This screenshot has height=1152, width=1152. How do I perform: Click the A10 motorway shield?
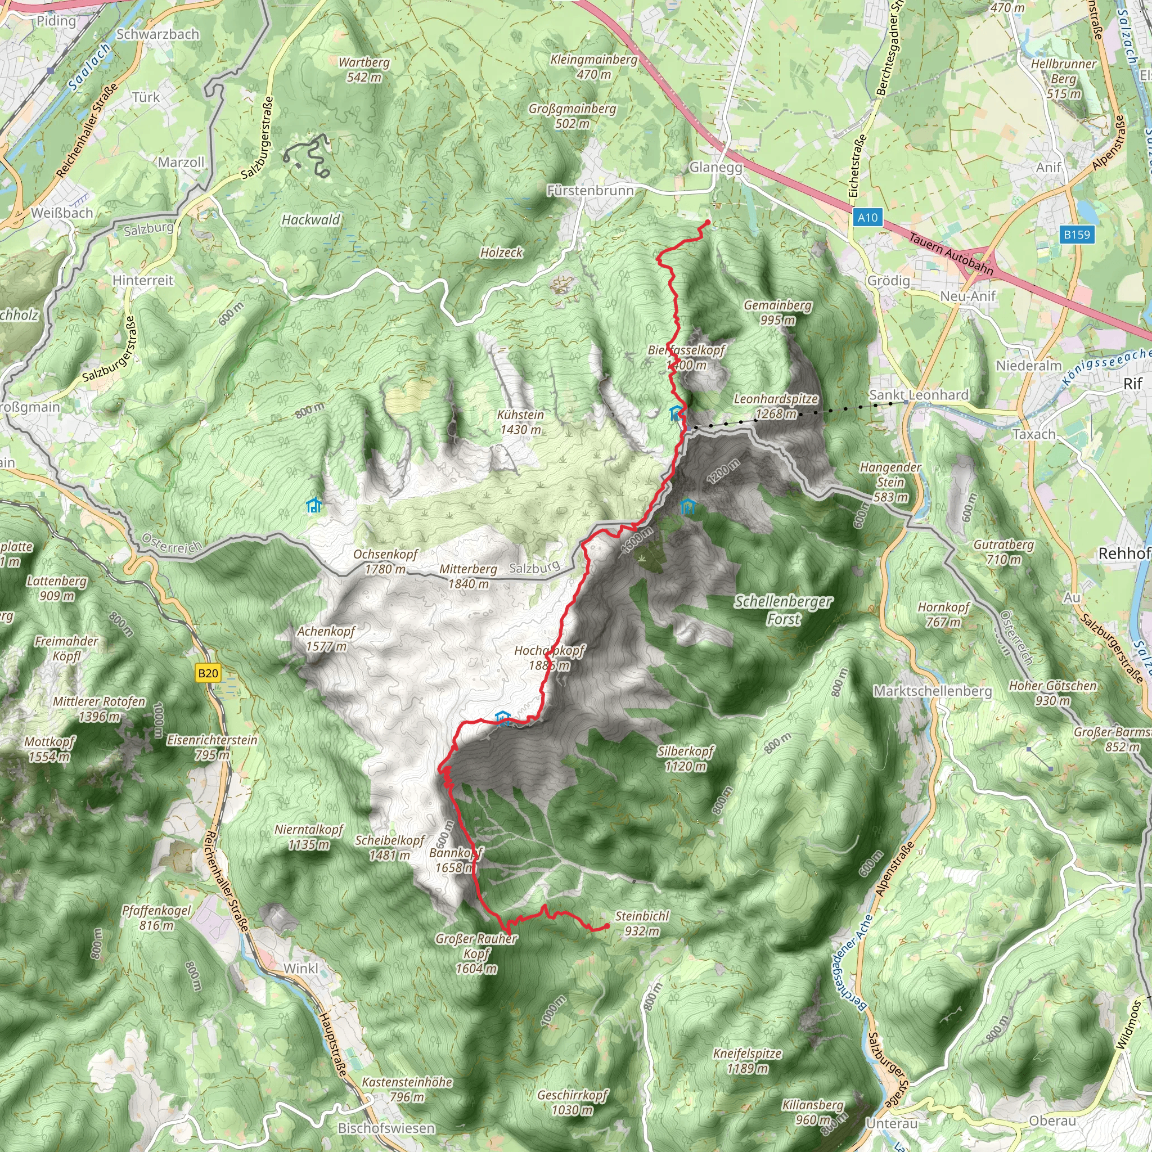click(x=867, y=218)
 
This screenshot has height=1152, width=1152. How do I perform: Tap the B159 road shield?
click(x=1077, y=235)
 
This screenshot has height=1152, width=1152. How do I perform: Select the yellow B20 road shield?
click(x=208, y=673)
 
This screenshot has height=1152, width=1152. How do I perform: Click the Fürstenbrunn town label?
click(x=590, y=191)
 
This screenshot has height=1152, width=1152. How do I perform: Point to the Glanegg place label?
click(x=715, y=168)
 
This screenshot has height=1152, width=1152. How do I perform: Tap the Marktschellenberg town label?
click(x=933, y=691)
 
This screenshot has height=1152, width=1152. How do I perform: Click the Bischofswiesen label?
click(x=386, y=1128)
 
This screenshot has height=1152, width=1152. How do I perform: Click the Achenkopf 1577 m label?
click(x=326, y=638)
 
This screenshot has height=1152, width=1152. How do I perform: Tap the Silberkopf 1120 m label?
click(x=686, y=758)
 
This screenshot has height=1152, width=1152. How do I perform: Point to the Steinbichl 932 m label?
click(x=642, y=924)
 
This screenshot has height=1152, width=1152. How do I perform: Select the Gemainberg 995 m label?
click(x=777, y=312)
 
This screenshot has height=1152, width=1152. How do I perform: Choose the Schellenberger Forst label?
click(x=783, y=610)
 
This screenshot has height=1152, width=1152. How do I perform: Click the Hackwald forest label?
click(x=310, y=220)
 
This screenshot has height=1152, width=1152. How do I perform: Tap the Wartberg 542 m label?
click(x=364, y=70)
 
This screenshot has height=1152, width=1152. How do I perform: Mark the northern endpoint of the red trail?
click(x=707, y=223)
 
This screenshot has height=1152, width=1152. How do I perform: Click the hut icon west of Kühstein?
click(x=314, y=506)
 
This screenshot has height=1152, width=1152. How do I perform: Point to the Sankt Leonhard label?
click(x=919, y=395)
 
